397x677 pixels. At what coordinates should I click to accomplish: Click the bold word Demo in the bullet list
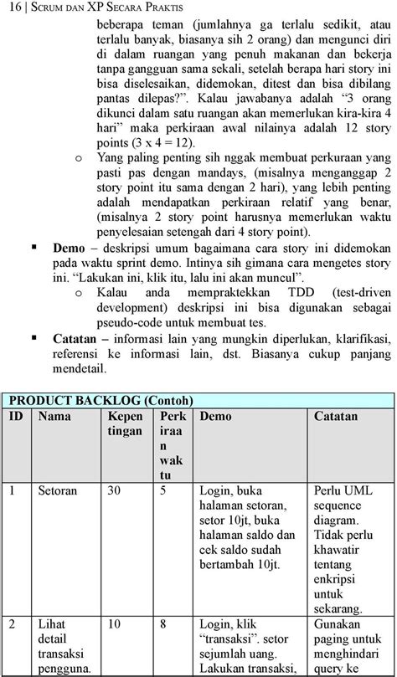point(70,249)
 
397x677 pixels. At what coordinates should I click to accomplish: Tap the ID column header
point(16,416)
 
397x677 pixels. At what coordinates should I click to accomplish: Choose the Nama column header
point(55,416)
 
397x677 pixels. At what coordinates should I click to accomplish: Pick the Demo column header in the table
point(217,416)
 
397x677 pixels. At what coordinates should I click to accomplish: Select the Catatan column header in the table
point(336,416)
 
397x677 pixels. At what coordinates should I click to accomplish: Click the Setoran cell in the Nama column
point(59,490)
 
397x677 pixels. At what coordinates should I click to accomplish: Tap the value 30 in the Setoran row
point(116,490)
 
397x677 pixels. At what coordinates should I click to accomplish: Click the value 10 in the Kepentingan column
point(116,623)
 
